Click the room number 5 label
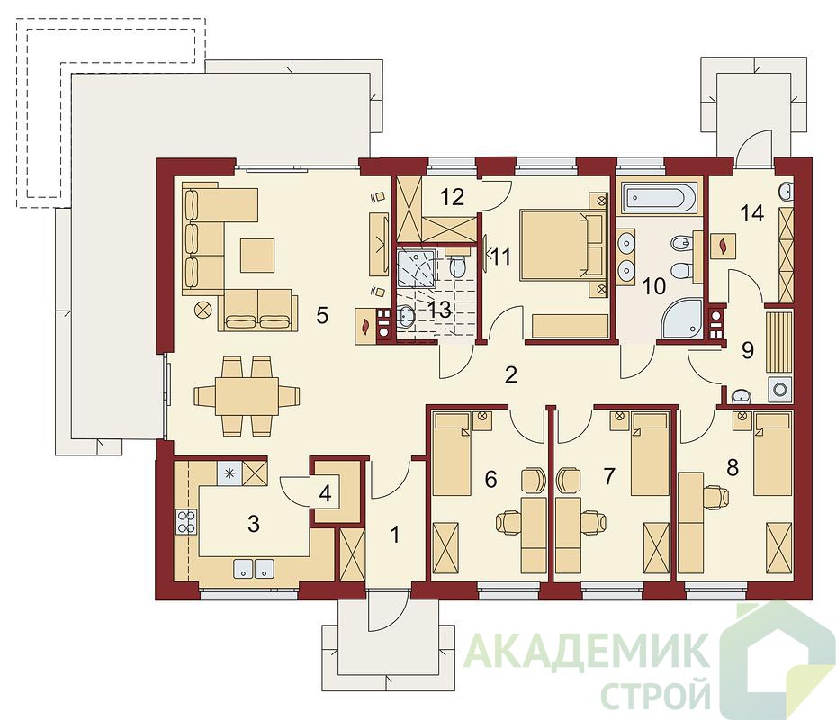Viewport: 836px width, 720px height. pyautogui.click(x=321, y=316)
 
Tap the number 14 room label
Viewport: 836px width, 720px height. pyautogui.click(x=751, y=214)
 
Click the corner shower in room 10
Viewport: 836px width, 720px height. pyautogui.click(x=679, y=319)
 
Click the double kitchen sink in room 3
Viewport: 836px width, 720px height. pyautogui.click(x=253, y=569)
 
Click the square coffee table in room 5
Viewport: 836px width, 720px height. pyautogui.click(x=257, y=255)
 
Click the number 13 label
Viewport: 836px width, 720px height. pyautogui.click(x=440, y=310)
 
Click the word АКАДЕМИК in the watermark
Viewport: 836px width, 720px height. pyautogui.click(x=587, y=650)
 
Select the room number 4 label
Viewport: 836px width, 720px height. pyautogui.click(x=325, y=493)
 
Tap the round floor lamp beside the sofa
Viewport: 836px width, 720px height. pyautogui.click(x=203, y=309)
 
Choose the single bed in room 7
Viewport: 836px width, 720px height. pyautogui.click(x=650, y=454)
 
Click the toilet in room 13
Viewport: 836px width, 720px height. pyautogui.click(x=458, y=265)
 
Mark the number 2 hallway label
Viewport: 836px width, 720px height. pyautogui.click(x=511, y=375)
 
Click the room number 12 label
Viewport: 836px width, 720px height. pyautogui.click(x=452, y=197)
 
